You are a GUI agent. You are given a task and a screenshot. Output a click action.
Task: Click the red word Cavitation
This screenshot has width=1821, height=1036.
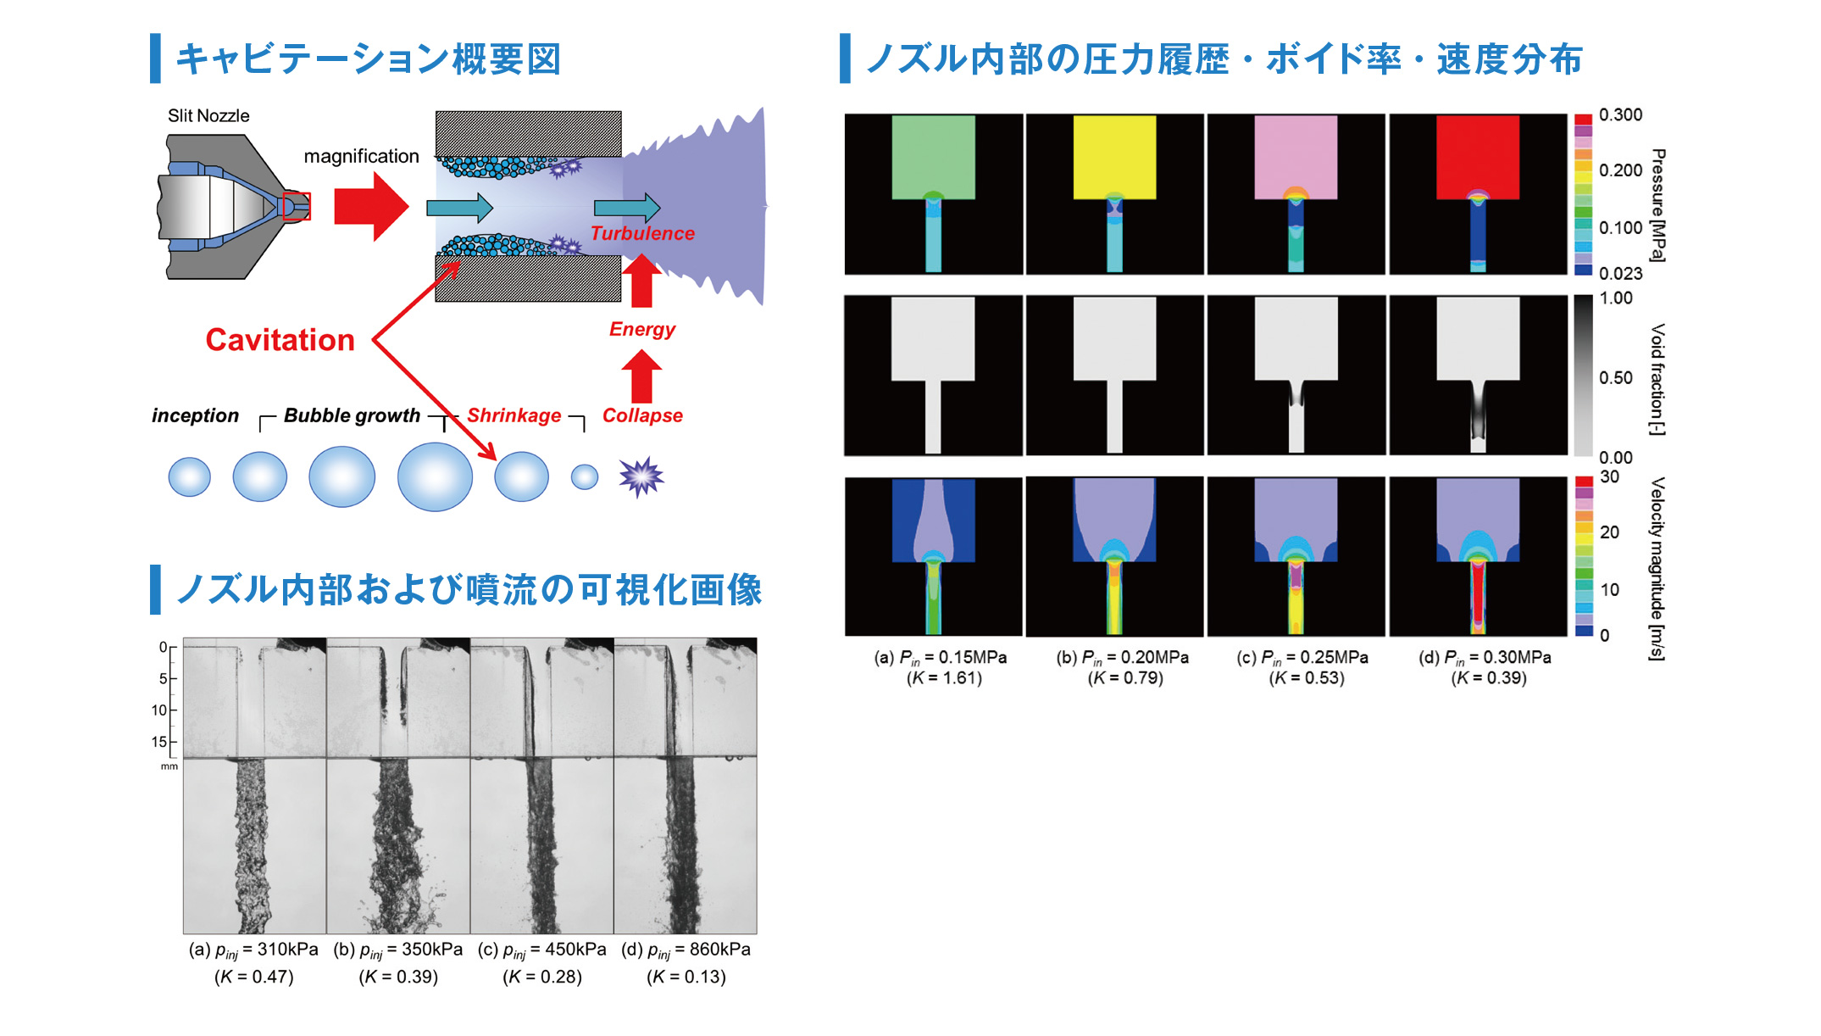click(x=280, y=340)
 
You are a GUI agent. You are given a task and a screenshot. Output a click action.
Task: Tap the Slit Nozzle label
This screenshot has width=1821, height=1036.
click(x=208, y=115)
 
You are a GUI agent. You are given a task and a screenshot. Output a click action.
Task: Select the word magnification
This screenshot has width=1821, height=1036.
click(x=362, y=156)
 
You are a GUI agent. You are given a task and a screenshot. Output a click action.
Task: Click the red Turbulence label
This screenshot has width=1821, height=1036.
click(x=642, y=233)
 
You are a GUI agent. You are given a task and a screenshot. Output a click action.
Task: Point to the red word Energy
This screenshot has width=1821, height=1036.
click(x=642, y=329)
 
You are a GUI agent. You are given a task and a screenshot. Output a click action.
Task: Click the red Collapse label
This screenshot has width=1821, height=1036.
click(x=642, y=415)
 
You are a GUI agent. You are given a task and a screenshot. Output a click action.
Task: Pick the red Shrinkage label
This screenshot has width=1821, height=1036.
click(x=514, y=415)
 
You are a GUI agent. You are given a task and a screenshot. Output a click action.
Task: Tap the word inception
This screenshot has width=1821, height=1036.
click(x=196, y=415)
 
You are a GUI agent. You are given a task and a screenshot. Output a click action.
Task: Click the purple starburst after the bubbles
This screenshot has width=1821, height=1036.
click(x=641, y=476)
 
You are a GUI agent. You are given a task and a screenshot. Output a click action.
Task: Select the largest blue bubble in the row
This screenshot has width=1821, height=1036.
click(x=435, y=476)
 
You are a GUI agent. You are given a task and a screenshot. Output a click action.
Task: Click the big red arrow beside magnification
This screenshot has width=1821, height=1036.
click(x=371, y=206)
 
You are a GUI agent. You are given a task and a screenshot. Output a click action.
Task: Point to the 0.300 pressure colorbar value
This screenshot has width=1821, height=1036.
click(x=1620, y=114)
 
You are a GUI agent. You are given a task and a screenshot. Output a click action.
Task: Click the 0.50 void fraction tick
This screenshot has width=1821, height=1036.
click(x=1616, y=377)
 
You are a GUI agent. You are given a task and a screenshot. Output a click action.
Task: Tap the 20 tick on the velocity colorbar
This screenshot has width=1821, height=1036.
click(x=1609, y=532)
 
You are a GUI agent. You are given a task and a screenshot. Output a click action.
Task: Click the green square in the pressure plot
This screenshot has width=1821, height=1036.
click(x=933, y=157)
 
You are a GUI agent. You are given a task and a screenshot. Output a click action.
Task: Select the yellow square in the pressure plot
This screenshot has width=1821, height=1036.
click(x=1114, y=157)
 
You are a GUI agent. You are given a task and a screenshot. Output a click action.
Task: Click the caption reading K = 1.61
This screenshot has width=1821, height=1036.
click(x=944, y=678)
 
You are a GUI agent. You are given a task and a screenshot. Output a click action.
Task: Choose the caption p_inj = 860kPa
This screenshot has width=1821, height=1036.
click(x=686, y=950)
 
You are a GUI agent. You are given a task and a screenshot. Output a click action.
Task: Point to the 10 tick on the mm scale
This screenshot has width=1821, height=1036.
click(x=159, y=710)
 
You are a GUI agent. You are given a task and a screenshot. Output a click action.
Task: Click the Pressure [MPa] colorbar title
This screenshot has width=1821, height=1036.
click(x=1658, y=205)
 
